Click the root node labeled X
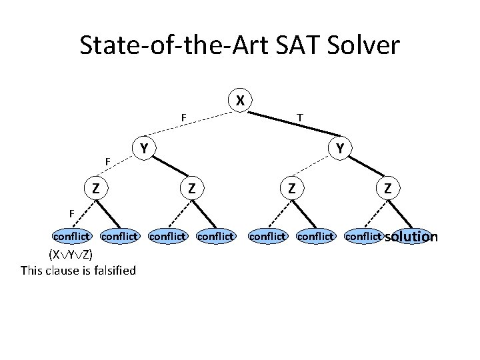coord(240,101)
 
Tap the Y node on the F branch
coord(143,147)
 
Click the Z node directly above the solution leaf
coord(387,189)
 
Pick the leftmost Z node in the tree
coord(97,189)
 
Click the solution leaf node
coord(411,236)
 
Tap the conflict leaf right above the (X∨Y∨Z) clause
coord(71,236)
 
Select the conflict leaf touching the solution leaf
coord(363,236)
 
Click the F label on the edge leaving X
coord(183,119)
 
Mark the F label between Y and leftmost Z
coord(107,161)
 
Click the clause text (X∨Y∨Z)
coord(70,255)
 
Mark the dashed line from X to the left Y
coord(193,125)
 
